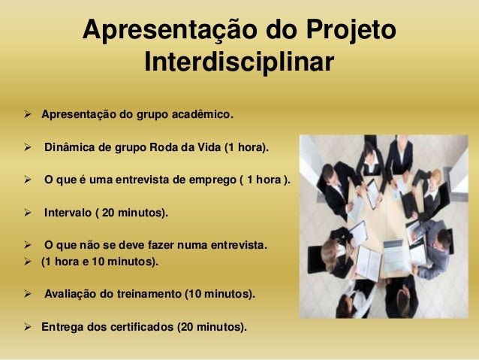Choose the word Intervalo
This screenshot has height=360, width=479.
(68, 213)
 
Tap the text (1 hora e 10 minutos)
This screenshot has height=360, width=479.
(99, 262)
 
